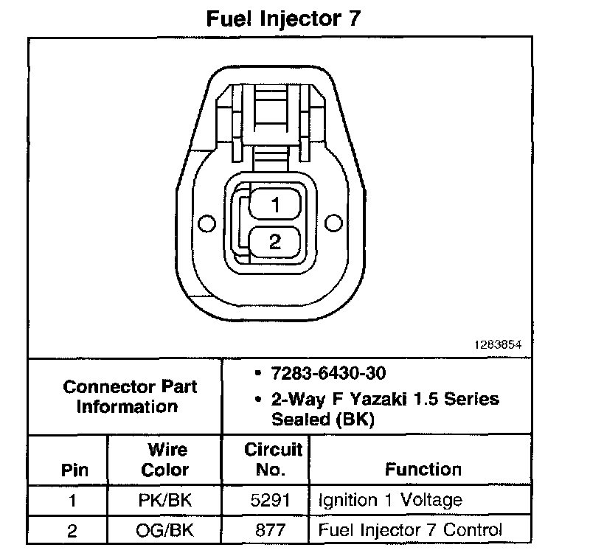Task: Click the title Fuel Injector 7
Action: click(x=283, y=18)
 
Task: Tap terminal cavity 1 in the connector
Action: click(x=275, y=205)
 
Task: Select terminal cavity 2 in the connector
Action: click(x=275, y=242)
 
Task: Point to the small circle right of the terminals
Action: click(x=333, y=223)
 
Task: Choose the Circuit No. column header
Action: click(x=272, y=459)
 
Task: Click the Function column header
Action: click(x=423, y=469)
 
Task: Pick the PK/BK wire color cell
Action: click(x=165, y=500)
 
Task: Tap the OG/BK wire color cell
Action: click(x=165, y=529)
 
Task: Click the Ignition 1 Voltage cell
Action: click(x=390, y=500)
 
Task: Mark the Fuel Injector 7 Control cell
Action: click(x=410, y=529)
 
